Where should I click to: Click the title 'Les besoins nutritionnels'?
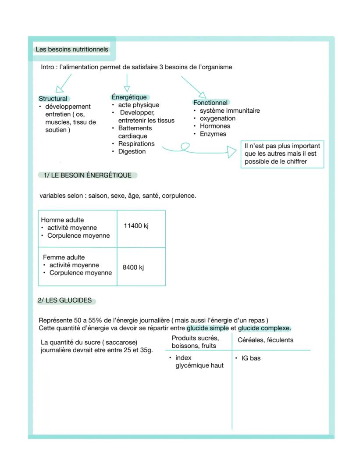[72, 50]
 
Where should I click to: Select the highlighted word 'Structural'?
[53, 99]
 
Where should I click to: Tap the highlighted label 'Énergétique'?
[129, 97]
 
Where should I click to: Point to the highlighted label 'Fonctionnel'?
[210, 102]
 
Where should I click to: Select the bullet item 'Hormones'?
[215, 126]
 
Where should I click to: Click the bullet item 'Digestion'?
[132, 151]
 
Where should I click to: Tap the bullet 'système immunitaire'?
[230, 111]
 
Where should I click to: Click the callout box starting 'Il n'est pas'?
[282, 154]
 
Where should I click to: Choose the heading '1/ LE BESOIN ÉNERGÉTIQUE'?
[88, 175]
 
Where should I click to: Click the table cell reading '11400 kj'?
[136, 226]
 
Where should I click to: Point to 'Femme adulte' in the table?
[64, 257]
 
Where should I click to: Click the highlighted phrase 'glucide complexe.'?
[264, 328]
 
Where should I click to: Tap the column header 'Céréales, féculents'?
[266, 340]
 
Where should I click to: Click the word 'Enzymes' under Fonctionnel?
[213, 134]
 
